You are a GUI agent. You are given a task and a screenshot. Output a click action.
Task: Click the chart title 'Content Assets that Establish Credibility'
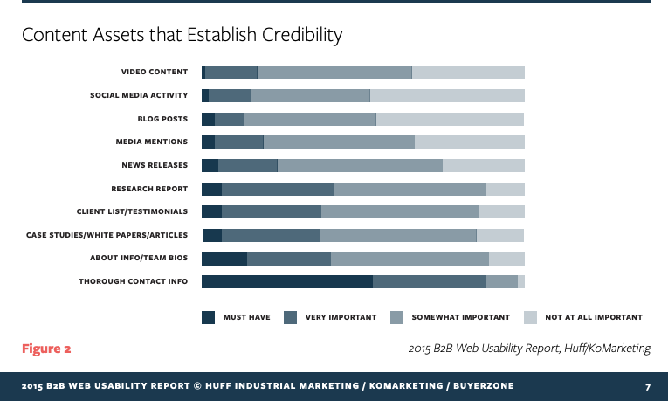[182, 36]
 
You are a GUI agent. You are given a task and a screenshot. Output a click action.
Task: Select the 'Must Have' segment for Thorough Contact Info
[286, 281]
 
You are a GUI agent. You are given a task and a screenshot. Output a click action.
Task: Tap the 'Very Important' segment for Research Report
[278, 189]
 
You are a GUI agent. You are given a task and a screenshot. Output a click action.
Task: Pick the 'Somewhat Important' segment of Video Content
[334, 72]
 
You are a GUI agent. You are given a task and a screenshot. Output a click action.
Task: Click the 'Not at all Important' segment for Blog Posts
[450, 119]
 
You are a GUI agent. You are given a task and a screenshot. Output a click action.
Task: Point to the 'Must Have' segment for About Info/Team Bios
[224, 259]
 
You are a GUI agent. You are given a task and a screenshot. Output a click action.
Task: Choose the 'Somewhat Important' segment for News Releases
[360, 165]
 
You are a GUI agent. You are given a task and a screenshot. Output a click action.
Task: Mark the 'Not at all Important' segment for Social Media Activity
[447, 95]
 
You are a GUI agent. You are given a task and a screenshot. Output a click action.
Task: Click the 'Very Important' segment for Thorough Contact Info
[429, 281]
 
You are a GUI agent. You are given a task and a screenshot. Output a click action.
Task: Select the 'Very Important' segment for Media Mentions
[239, 142]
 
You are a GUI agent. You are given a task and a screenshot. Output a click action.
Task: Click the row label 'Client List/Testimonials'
[132, 211]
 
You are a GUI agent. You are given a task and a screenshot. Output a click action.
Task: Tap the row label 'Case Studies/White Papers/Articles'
[108, 235]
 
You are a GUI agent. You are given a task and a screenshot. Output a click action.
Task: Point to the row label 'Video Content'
[155, 72]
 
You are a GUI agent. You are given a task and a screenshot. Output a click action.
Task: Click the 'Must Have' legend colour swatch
[208, 318]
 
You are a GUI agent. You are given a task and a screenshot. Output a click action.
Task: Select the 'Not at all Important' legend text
[593, 318]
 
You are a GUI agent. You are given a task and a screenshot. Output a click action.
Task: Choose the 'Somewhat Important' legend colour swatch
[396, 318]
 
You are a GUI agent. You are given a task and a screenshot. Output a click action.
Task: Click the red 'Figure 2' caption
[46, 349]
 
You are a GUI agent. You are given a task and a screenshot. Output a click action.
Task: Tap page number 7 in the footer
[648, 386]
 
